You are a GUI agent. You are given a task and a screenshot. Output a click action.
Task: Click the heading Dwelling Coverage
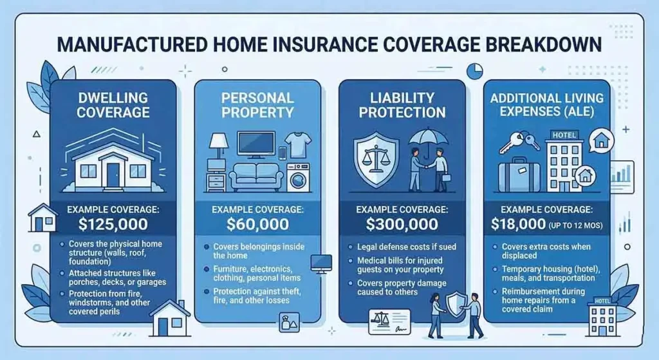point(113,105)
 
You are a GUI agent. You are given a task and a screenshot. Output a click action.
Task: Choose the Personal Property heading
point(257,105)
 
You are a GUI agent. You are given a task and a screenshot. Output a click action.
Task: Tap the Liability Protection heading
point(402,105)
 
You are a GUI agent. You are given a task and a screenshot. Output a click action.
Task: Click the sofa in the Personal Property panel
point(257,176)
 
